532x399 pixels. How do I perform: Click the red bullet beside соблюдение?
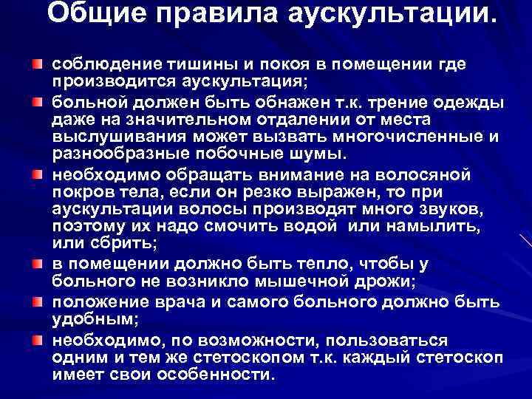pos(36,58)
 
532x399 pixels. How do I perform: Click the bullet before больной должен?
pos(36,98)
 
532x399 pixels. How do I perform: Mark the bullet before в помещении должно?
pos(36,262)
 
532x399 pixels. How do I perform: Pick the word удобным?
pos(83,321)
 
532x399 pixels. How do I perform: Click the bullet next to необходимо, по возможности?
pos(36,338)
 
